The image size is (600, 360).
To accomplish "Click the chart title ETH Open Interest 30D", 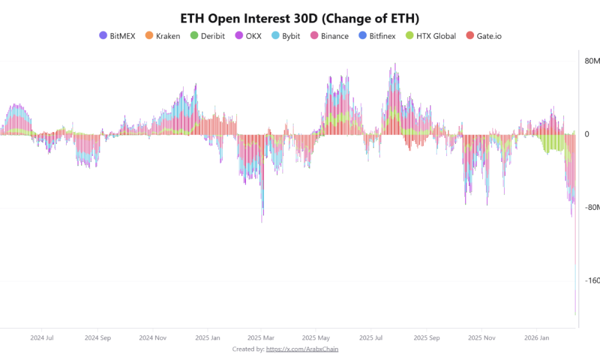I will tap(299, 18).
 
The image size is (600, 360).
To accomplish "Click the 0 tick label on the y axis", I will tap(587, 134).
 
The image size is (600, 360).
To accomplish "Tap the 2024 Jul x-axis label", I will tap(42, 338).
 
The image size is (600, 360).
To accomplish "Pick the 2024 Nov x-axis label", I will tap(152, 338).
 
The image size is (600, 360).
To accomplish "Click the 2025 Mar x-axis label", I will tap(261, 338).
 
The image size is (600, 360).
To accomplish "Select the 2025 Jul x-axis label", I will tap(370, 338).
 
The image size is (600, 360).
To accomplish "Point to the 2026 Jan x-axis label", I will tap(536, 338).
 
